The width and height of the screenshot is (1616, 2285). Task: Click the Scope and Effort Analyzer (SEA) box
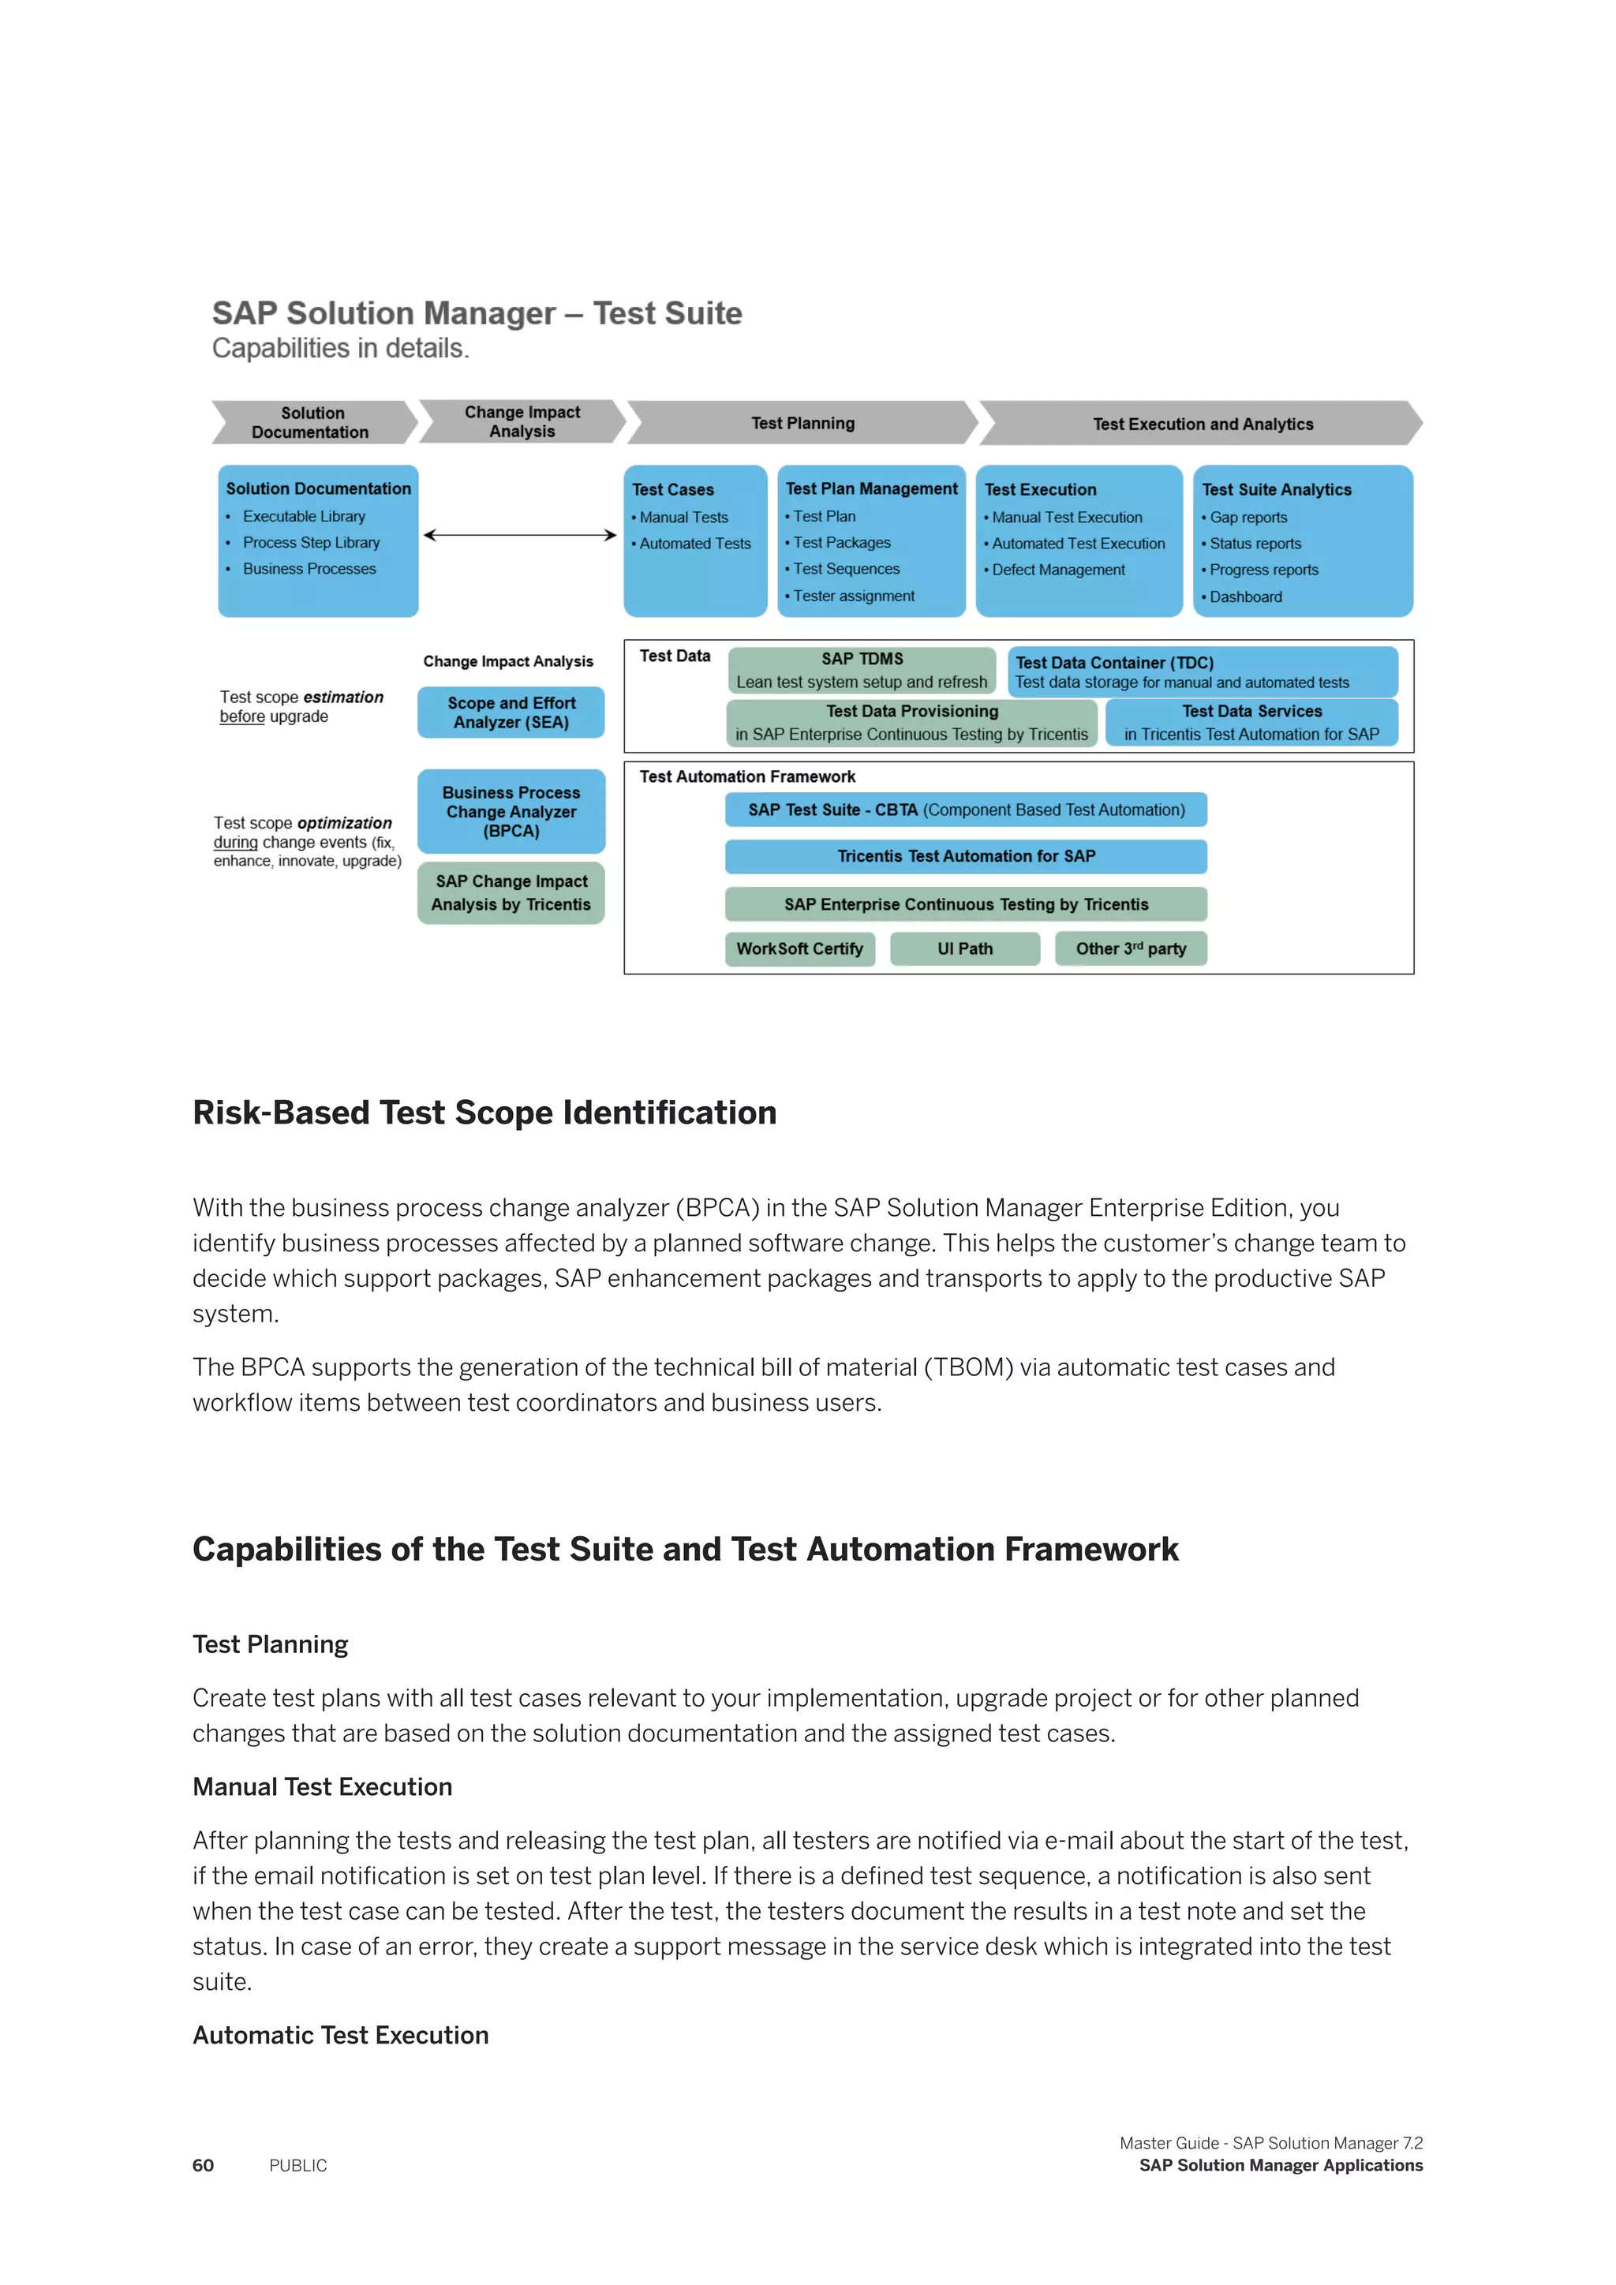(511, 712)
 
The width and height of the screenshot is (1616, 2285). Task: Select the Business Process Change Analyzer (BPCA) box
(511, 811)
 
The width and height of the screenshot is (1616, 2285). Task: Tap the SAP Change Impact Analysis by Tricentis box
(511, 892)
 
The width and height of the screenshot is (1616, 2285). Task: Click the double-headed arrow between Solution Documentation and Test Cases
(519, 536)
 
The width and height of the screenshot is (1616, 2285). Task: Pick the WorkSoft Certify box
(799, 948)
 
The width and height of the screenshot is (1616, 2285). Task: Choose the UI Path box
(964, 948)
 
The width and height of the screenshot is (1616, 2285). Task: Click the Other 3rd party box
(1131, 948)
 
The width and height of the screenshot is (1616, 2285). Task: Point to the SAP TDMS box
(862, 670)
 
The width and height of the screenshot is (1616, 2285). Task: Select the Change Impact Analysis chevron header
(522, 421)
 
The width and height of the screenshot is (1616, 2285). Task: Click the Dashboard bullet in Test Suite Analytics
(1245, 597)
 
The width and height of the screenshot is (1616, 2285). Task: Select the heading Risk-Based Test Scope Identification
(484, 1113)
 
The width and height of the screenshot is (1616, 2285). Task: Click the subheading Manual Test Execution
(323, 1786)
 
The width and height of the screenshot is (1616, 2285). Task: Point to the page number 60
(203, 2166)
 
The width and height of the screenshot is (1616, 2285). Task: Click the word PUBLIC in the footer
(297, 2166)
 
